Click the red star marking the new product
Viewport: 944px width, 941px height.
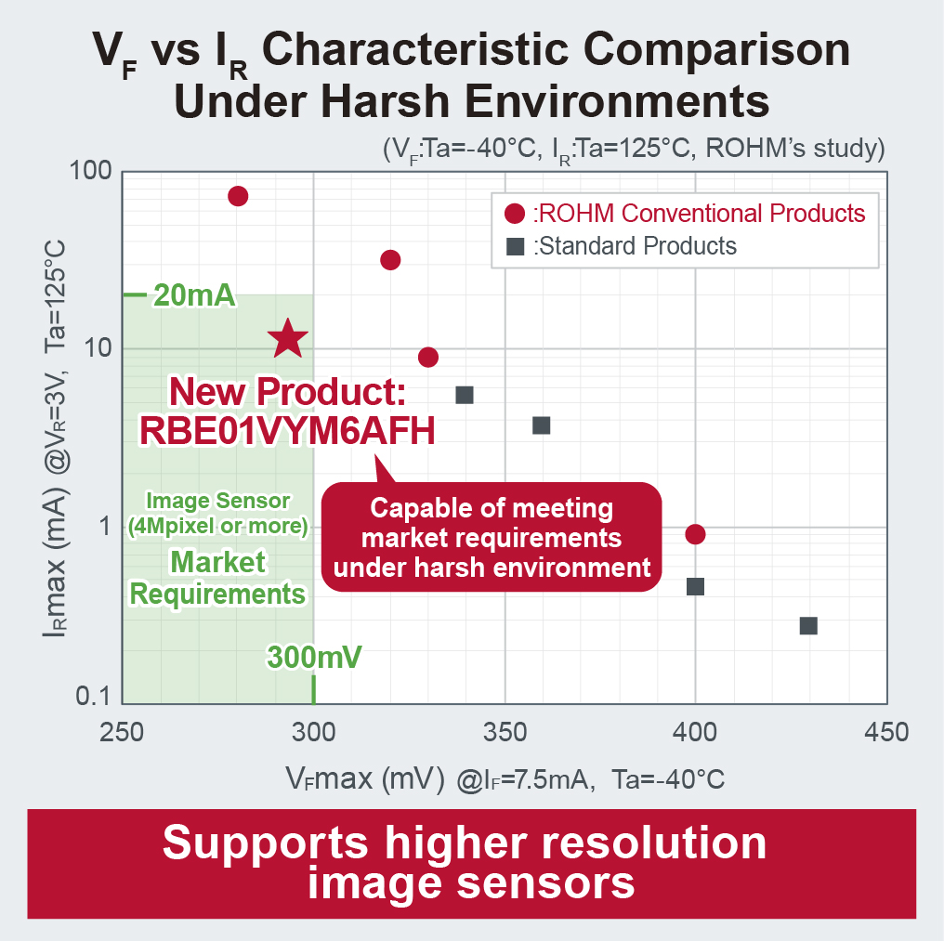(288, 339)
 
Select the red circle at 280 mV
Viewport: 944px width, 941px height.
(238, 196)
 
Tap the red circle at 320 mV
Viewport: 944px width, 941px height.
(390, 260)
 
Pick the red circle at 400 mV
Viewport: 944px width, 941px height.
(695, 534)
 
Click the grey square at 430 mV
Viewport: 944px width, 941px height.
(808, 626)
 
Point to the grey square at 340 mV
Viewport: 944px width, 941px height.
(465, 395)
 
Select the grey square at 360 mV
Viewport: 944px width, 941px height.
(541, 425)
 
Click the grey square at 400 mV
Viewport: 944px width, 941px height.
(695, 586)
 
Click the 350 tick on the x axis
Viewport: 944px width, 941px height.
(504, 733)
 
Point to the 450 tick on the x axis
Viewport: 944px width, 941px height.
(885, 733)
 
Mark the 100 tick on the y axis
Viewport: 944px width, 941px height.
(91, 173)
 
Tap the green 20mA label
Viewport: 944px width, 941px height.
(192, 296)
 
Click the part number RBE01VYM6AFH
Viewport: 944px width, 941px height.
(287, 430)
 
